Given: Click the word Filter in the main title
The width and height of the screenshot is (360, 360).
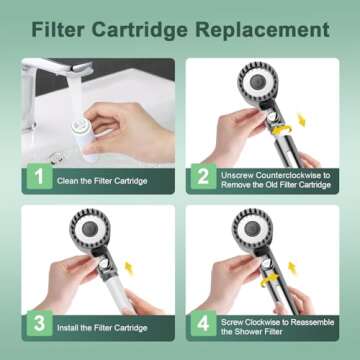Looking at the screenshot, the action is pos(58,30).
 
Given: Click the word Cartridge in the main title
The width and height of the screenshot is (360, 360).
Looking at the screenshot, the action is pos(140,31).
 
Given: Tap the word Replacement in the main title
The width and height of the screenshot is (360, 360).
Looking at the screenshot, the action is pos(262,31).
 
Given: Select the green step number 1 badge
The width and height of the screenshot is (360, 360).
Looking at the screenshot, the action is pos(40,176).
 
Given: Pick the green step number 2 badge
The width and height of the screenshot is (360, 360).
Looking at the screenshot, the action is pos(203,176).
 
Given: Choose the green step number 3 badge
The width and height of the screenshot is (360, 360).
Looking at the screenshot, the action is pos(40,323).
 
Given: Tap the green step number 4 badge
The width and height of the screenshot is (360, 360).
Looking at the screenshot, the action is pos(203,323).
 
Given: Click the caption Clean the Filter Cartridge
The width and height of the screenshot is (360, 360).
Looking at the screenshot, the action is pos(102,181).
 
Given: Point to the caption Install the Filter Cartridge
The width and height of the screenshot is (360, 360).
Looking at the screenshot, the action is pos(102,328).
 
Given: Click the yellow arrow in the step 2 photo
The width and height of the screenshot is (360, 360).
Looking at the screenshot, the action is pos(301,120).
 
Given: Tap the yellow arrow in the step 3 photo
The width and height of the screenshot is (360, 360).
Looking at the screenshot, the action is pos(129,268).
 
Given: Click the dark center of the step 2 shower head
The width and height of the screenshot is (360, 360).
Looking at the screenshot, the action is pos(258,82).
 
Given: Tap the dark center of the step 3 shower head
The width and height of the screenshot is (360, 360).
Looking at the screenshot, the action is pos(90,229).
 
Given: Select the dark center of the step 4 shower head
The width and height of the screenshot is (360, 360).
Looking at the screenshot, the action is pos(253,229).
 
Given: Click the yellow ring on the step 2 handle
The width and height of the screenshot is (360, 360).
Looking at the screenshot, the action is pos(282,128).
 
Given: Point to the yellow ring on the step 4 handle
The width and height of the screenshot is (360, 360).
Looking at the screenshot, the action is pos(271,280).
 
